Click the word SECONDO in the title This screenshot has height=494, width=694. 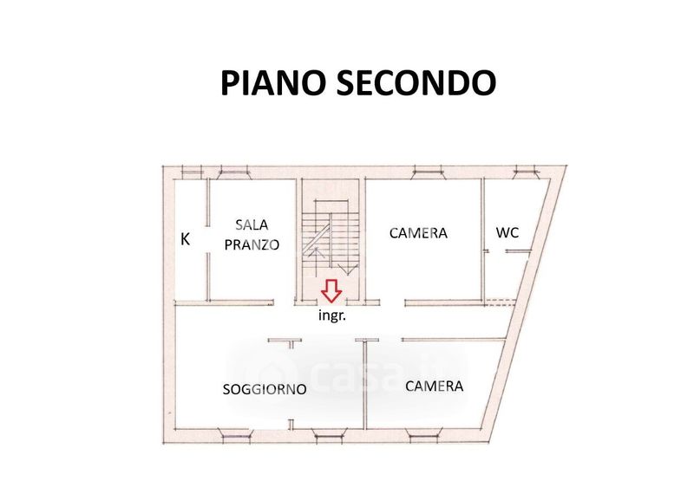click(416, 82)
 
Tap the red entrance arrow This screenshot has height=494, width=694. click(331, 290)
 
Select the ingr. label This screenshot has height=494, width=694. click(332, 316)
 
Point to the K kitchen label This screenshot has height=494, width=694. click(186, 239)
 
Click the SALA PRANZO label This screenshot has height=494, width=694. click(252, 235)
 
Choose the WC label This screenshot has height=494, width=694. click(507, 232)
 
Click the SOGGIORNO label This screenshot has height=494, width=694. click(265, 389)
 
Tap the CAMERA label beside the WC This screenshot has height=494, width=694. click(418, 233)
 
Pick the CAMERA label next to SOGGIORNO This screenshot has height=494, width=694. click(435, 386)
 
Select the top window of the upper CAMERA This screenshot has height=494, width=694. click(428, 172)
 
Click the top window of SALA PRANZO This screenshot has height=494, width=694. click(235, 172)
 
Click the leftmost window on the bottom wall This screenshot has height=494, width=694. click(237, 436)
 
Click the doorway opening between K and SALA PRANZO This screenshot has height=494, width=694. click(208, 239)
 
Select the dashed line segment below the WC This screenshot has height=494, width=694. click(501, 303)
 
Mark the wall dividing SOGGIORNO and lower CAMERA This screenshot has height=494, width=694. click(365, 384)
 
